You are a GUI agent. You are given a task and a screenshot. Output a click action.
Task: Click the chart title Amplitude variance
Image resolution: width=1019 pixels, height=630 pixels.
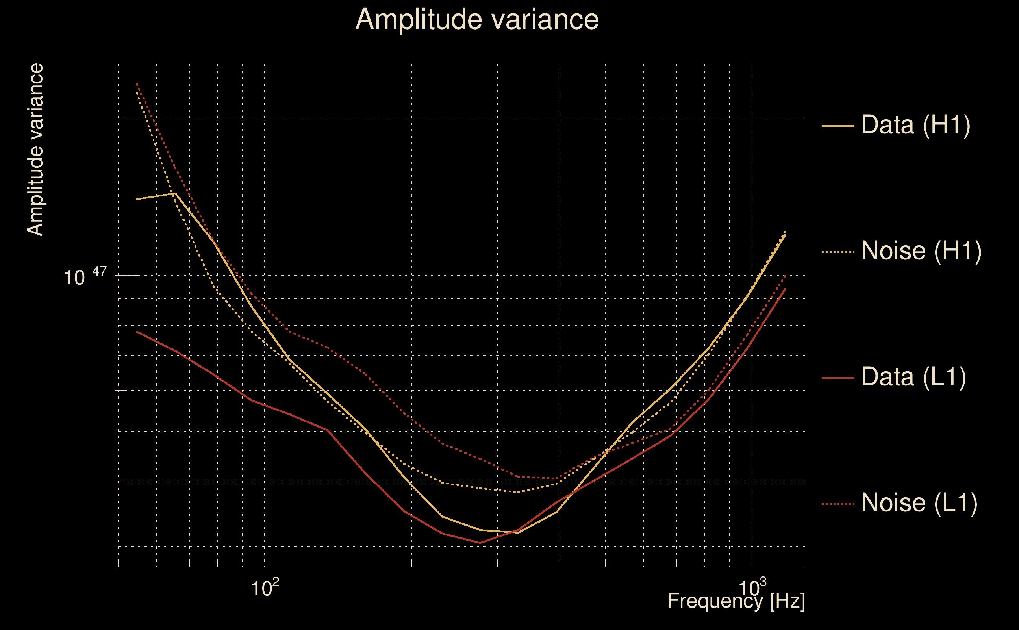tap(476, 20)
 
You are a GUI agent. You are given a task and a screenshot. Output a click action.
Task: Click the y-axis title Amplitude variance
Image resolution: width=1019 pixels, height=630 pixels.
tap(35, 150)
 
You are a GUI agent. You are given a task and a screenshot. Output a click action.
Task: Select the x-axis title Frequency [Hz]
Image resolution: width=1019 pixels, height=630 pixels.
tap(736, 601)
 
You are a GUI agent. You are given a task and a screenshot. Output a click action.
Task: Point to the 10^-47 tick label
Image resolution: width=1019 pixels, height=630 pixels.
tap(85, 277)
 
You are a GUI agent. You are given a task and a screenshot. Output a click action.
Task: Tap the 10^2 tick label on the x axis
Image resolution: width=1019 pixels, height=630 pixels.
tap(265, 588)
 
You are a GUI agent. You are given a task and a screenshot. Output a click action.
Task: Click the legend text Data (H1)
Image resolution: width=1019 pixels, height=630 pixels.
tap(916, 124)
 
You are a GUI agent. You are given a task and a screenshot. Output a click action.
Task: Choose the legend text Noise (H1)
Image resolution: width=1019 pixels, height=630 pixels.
tap(921, 251)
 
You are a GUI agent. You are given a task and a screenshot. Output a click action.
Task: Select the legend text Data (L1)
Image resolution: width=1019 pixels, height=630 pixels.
tap(913, 377)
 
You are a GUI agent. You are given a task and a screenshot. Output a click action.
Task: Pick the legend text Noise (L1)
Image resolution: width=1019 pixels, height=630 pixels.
tap(919, 503)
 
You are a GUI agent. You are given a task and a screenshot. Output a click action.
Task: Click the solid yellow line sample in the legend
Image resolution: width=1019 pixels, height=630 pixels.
tap(837, 126)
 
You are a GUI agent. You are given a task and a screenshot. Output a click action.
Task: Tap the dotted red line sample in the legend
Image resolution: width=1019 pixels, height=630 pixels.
tap(837, 504)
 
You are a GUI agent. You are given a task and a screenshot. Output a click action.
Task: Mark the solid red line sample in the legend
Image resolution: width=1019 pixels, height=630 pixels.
tap(837, 378)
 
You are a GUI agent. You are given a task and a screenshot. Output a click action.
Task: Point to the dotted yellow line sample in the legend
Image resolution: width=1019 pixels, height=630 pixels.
tap(837, 252)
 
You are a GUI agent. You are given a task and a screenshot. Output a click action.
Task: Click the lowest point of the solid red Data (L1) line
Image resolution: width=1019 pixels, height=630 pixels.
tap(480, 543)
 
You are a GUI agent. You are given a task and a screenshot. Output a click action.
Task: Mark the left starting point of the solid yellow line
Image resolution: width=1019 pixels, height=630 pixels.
tap(137, 199)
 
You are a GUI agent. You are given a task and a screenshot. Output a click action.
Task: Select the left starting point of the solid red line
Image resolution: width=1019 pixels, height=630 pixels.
tap(137, 332)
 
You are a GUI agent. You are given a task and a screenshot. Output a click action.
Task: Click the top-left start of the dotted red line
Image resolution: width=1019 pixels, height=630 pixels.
tap(137, 84)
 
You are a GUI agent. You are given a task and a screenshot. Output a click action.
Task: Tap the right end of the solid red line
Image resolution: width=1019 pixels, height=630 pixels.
tap(785, 289)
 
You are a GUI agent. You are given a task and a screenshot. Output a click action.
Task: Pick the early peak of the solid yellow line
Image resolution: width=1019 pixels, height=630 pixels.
tap(175, 193)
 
